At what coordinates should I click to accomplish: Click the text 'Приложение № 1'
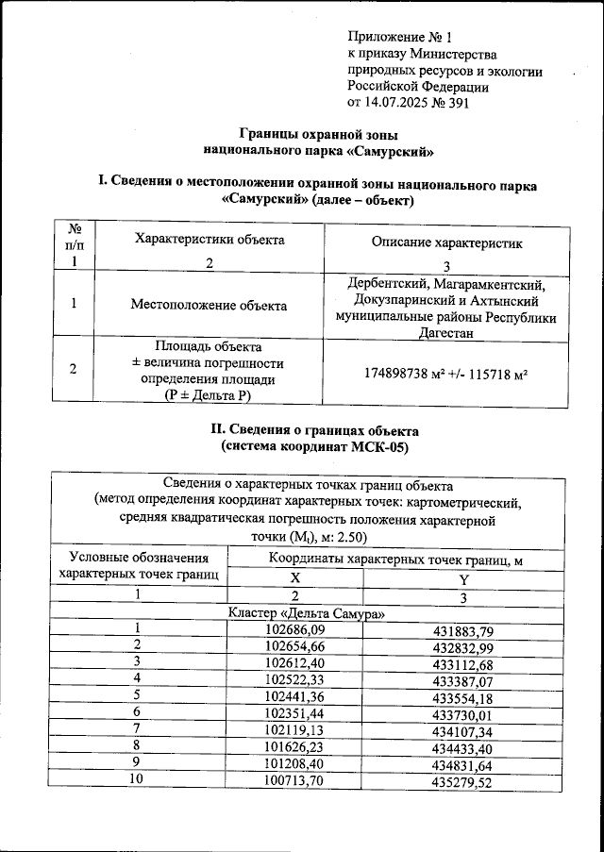400,38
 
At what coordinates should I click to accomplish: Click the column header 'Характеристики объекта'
210,240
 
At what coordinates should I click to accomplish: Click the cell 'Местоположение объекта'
210,305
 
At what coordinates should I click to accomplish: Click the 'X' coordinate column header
294,578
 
